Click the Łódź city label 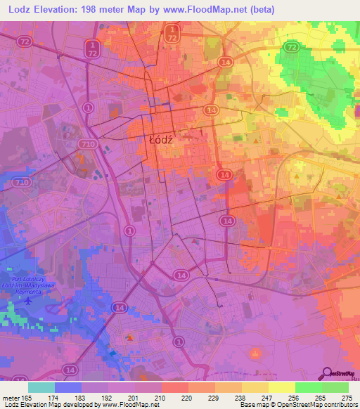tap(162, 140)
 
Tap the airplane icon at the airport tap(28, 301)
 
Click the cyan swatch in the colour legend tap(41, 387)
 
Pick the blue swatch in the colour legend tap(68, 387)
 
